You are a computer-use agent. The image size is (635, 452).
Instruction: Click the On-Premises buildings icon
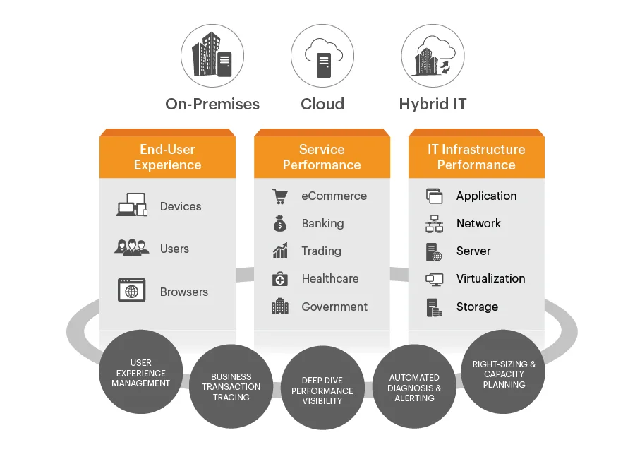pos(212,56)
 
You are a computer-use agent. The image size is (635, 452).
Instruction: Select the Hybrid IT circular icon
pos(433,56)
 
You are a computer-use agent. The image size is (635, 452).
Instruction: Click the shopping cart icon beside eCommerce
pos(280,196)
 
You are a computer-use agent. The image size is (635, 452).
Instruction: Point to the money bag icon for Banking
pos(280,223)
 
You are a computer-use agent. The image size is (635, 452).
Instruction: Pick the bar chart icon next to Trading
pos(280,251)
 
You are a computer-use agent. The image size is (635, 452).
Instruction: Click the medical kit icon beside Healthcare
pos(280,279)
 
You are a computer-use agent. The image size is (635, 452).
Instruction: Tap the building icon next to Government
pos(280,307)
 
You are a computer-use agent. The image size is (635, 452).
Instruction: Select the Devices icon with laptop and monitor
pos(132,205)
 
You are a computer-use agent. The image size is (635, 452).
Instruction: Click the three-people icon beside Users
pos(132,247)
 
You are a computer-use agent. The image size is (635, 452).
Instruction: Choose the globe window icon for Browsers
pos(132,290)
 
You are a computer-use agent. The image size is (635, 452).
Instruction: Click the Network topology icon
pos(434,224)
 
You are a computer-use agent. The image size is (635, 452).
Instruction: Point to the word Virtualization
pos(490,278)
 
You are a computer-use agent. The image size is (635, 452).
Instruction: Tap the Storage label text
pos(477,307)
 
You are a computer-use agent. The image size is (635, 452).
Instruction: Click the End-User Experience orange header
pos(168,154)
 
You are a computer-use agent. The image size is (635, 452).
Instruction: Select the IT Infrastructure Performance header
pos(476,154)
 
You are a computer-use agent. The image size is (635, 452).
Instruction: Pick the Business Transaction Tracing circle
pos(231,387)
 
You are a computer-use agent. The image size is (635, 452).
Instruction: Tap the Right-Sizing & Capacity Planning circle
pos(503,371)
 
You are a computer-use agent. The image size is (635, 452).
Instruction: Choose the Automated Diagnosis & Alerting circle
pos(414,387)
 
